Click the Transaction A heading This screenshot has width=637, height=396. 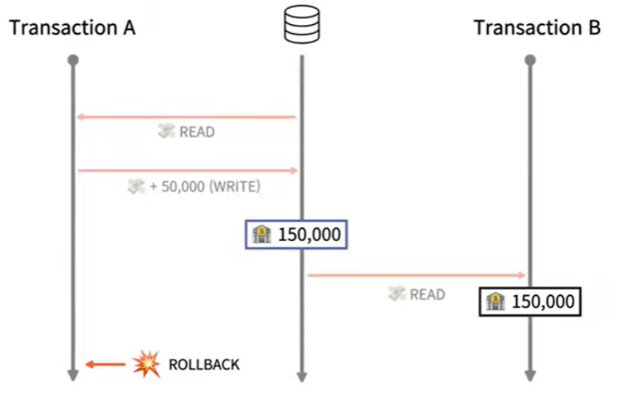[x=72, y=28]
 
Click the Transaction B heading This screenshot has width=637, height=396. [x=537, y=28]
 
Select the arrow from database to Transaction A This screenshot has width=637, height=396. [x=186, y=117]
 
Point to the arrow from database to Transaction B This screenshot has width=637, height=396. [x=416, y=275]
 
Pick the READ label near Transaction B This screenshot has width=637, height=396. [x=427, y=294]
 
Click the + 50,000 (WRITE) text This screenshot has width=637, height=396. [x=205, y=186]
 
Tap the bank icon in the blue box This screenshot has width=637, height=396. [x=261, y=235]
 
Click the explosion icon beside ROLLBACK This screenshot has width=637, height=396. [x=146, y=364]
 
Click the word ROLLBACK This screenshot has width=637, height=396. [x=204, y=364]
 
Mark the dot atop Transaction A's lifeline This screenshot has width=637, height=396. [x=72, y=60]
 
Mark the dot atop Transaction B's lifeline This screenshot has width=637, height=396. [x=530, y=60]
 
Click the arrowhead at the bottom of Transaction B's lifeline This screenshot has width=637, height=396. [x=530, y=376]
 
